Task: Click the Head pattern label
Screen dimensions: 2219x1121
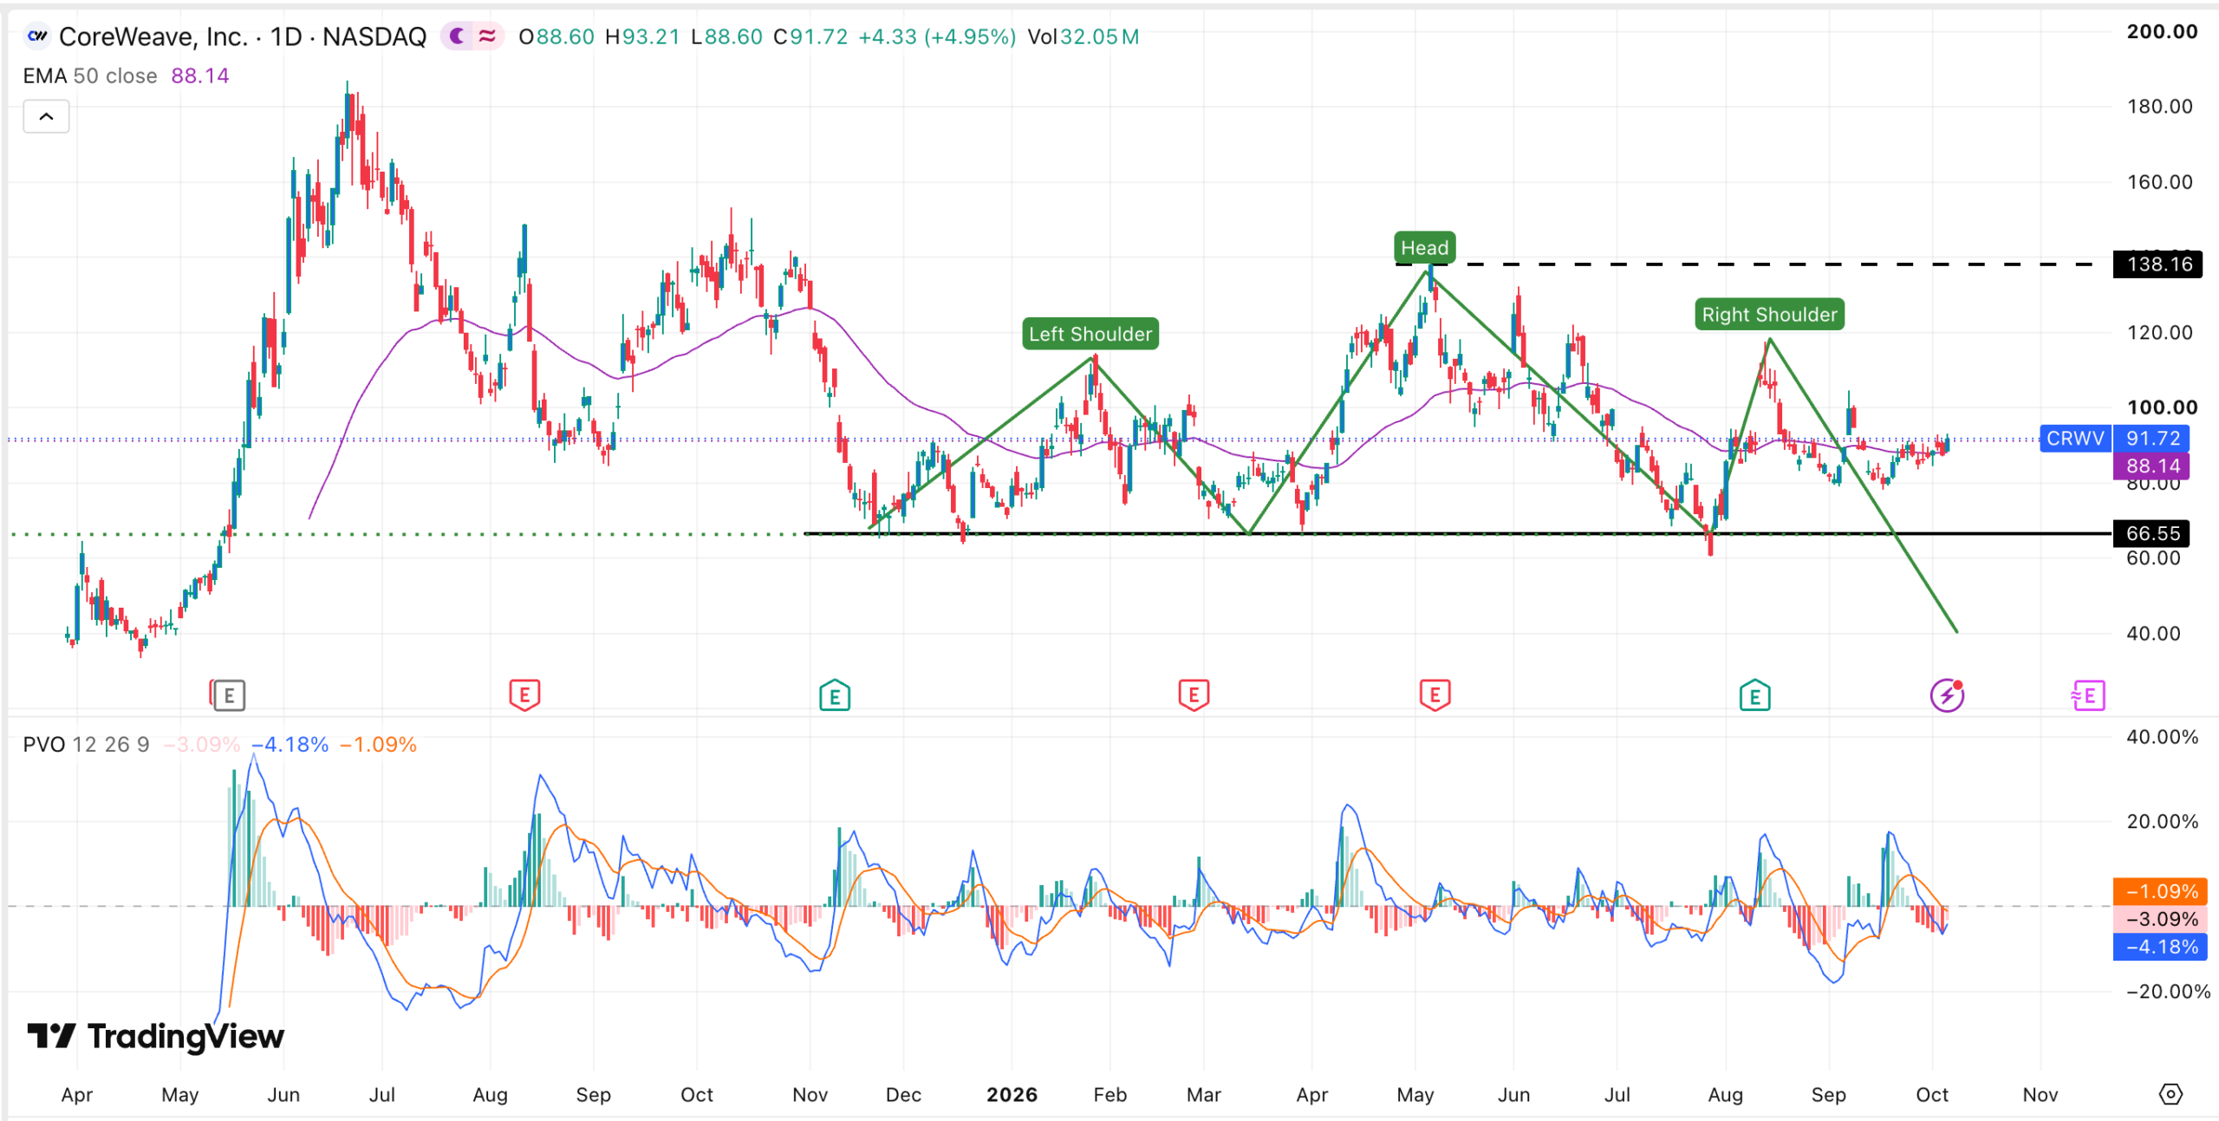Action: point(1424,248)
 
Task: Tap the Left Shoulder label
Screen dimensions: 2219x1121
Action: point(1090,334)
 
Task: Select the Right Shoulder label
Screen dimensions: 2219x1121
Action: point(1769,315)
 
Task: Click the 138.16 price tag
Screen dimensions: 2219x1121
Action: point(2158,264)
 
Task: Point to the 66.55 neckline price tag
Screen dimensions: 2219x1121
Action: point(2151,533)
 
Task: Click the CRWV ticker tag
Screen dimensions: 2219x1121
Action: point(2075,439)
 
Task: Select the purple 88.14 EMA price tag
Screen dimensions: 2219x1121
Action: point(2151,466)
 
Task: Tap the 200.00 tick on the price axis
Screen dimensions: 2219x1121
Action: point(2162,32)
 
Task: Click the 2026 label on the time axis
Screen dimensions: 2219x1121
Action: point(1012,1094)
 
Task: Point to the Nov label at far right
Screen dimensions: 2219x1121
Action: point(2040,1094)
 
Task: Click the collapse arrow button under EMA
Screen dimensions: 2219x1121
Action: point(46,116)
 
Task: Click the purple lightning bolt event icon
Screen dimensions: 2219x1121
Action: point(1947,695)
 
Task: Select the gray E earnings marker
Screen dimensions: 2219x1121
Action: point(229,695)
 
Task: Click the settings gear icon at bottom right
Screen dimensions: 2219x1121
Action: point(2170,1094)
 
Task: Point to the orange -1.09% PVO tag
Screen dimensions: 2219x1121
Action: point(2160,891)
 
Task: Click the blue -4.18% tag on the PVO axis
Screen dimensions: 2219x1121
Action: point(2160,947)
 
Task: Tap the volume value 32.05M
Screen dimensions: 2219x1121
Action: point(1099,37)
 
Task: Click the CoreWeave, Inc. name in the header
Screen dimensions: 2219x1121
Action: point(153,37)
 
